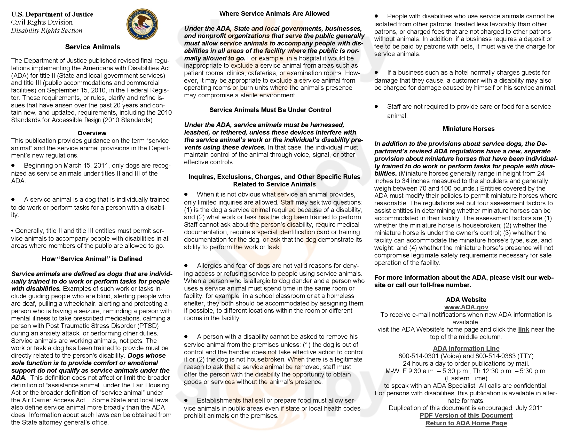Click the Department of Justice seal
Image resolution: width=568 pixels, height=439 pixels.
click(x=142, y=24)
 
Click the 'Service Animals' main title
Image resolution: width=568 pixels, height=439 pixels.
click(x=92, y=47)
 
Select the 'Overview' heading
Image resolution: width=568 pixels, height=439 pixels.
click(x=92, y=133)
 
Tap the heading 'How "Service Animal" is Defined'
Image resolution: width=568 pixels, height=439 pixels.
click(x=92, y=259)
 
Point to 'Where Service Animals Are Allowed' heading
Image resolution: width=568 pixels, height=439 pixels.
click(x=274, y=13)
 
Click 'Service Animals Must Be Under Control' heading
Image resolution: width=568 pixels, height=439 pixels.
click(x=270, y=110)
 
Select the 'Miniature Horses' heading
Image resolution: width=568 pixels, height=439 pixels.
click(x=468, y=129)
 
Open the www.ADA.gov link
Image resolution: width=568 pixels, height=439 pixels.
click(x=466, y=307)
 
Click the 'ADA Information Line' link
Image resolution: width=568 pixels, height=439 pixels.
click(x=466, y=349)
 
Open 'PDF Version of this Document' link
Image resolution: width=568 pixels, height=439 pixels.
click(x=466, y=416)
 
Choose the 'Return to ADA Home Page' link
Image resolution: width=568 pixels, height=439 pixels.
click(x=466, y=423)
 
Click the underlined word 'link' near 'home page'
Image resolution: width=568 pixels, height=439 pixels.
click(x=524, y=330)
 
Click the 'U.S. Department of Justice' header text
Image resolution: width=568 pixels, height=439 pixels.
click(x=52, y=14)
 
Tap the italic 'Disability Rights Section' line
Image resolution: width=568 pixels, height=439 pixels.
click(x=46, y=31)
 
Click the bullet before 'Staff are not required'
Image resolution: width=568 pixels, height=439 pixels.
click(x=376, y=106)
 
